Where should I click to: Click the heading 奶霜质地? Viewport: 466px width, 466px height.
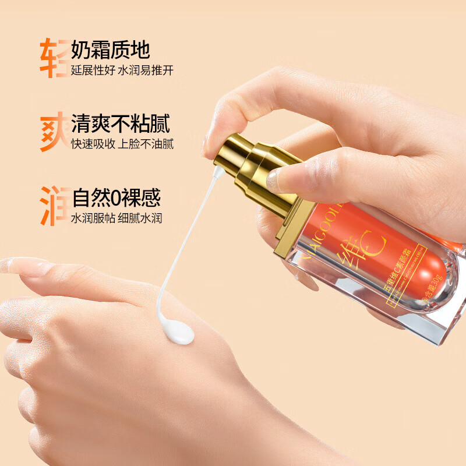point(111,50)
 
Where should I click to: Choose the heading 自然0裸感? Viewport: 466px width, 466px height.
point(116,198)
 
